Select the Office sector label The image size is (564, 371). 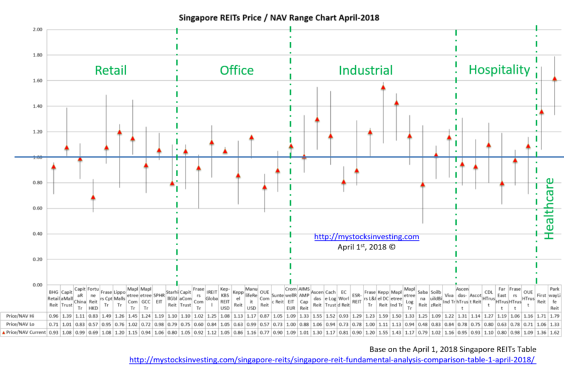236,71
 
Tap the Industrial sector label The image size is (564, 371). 365,71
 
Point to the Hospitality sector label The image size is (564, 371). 499,70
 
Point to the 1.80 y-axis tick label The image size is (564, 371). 36,55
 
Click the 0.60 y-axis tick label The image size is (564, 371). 36,208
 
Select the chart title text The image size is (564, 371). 279,18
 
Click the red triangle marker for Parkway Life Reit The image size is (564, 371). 555,79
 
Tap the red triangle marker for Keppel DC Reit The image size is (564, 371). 383,88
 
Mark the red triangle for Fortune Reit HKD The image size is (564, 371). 93,197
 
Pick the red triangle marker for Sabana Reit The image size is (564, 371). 423,185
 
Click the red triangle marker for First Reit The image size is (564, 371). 541,112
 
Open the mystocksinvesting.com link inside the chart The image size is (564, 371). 366,237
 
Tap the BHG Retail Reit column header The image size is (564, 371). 53,300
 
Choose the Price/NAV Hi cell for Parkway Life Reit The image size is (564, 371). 555,316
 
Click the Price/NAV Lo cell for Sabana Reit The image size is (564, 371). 423,324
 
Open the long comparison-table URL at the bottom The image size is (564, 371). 332,360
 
